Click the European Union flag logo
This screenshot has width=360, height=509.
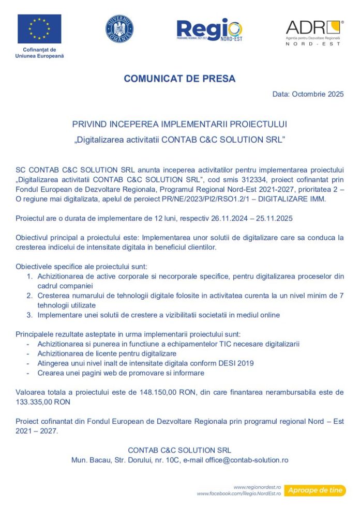(x=39, y=29)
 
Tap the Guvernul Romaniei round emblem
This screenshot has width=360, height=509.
(x=119, y=29)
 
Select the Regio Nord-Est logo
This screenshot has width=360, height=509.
(x=209, y=30)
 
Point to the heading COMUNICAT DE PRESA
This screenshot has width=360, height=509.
(x=179, y=79)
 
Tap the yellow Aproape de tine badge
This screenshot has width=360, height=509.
(x=316, y=490)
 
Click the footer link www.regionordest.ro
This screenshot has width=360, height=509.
(x=257, y=487)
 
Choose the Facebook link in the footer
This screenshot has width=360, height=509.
(x=238, y=494)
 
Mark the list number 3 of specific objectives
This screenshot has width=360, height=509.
(x=30, y=315)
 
